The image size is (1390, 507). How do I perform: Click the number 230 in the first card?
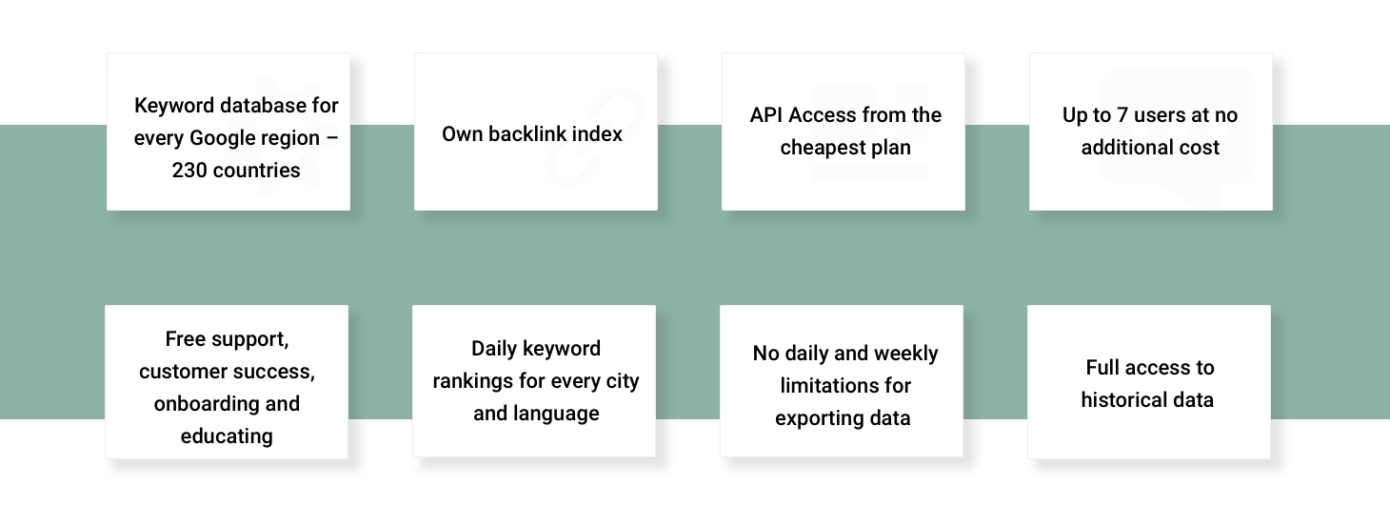[x=189, y=171]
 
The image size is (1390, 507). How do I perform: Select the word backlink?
[x=526, y=134]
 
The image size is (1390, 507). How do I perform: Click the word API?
[x=765, y=115]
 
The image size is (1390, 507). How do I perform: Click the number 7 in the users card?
[x=1122, y=115]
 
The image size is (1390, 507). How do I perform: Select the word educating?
[x=227, y=436]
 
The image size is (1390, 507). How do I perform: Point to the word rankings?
[x=473, y=381]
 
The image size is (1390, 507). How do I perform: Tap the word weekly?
[x=908, y=355]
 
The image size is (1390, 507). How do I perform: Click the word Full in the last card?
[x=1102, y=367]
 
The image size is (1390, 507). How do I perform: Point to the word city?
[x=623, y=381]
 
